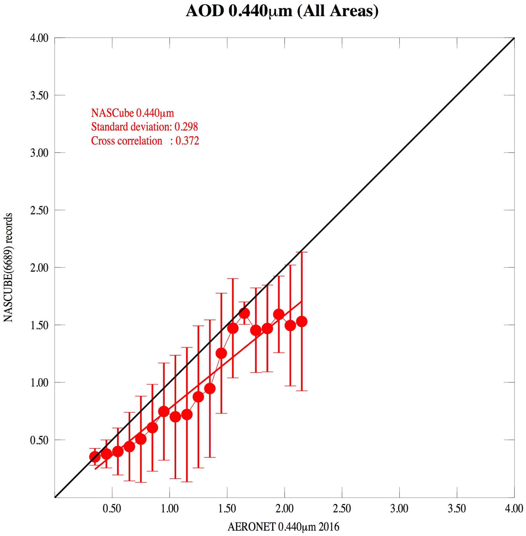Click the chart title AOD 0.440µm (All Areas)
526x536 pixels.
282,12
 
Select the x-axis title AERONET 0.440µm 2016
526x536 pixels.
283,527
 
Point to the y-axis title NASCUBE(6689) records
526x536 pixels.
8,267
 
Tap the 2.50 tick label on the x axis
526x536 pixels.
342,509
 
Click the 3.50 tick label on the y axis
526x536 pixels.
39,95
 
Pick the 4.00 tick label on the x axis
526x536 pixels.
514,509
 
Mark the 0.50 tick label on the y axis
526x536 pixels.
39,440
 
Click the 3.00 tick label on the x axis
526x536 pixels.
399,509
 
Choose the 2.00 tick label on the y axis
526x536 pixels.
39,268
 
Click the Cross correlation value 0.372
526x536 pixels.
187,141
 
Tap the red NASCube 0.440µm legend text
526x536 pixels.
133,113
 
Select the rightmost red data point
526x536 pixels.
302,322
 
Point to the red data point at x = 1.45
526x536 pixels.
221,353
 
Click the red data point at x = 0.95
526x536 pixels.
164,412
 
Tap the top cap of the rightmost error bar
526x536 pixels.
302,252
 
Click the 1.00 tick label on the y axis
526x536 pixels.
39,383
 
